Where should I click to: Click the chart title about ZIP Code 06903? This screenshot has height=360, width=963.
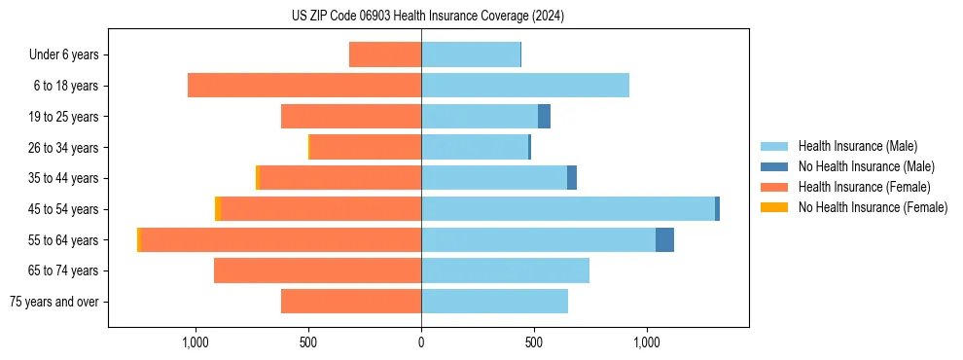(x=427, y=16)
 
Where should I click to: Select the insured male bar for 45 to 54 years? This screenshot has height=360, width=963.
(x=567, y=209)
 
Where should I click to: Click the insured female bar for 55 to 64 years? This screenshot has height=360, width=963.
(x=281, y=240)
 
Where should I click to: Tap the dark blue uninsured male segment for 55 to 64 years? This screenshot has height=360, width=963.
(x=664, y=240)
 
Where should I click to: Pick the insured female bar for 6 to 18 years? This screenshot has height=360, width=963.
(x=303, y=86)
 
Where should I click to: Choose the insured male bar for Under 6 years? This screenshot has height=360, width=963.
(x=470, y=54)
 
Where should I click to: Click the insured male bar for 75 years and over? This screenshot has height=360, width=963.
(x=494, y=302)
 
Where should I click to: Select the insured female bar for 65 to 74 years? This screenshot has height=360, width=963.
(x=317, y=270)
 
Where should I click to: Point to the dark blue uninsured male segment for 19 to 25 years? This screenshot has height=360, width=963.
(x=545, y=117)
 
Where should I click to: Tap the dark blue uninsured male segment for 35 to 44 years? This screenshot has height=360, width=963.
(x=572, y=178)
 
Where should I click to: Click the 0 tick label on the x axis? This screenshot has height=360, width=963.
(x=421, y=342)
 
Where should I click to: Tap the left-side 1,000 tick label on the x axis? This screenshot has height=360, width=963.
(x=196, y=342)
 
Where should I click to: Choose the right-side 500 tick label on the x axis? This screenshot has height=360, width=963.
(x=534, y=342)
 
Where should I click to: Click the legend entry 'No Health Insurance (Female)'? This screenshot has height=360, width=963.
(x=872, y=207)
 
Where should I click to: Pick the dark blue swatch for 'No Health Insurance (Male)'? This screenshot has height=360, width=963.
(x=774, y=166)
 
